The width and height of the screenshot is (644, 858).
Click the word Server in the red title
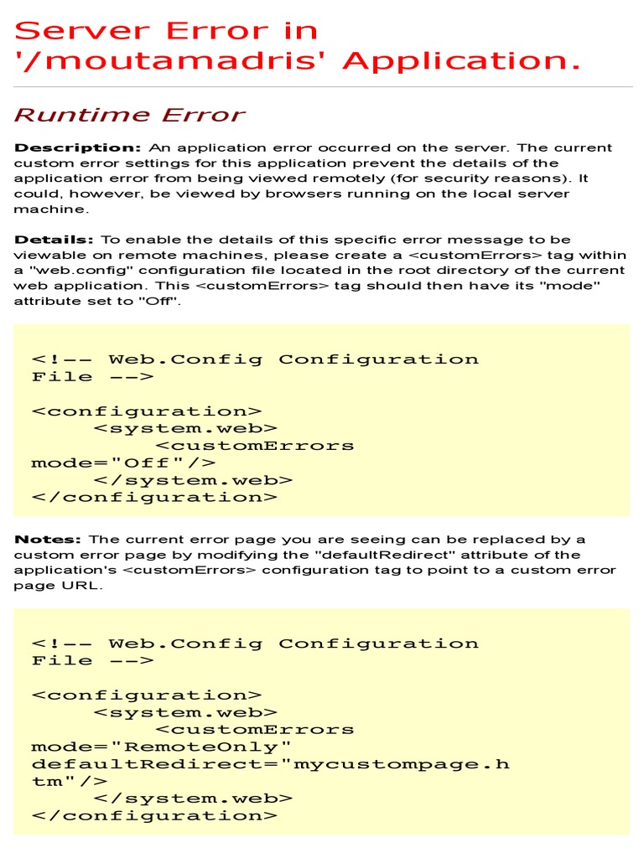[69, 31]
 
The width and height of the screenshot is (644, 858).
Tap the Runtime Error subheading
[130, 115]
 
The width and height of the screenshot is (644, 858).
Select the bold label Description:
[78, 147]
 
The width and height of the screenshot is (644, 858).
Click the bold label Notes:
[48, 539]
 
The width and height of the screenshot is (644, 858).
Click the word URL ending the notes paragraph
[86, 586]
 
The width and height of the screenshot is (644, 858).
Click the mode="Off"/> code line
[123, 463]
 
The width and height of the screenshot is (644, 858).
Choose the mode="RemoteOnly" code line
[161, 747]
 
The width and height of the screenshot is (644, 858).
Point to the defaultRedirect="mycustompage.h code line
[269, 764]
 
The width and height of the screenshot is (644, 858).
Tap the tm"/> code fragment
[63, 781]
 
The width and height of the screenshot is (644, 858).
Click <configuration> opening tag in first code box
[146, 411]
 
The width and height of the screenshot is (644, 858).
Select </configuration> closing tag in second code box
[153, 815]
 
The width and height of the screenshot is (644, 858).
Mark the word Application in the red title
[460, 61]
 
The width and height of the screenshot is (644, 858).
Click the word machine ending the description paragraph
[43, 209]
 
